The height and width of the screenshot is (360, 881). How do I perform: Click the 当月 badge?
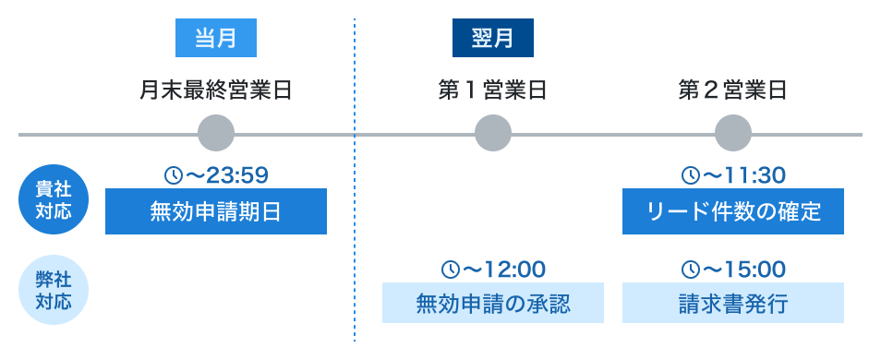215,39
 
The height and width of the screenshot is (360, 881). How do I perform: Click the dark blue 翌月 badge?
492,39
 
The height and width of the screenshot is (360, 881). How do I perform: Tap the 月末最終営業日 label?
216,90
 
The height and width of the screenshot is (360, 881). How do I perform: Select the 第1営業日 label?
492,90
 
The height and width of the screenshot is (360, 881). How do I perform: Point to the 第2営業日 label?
732,90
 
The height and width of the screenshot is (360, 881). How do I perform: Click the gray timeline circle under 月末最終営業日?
216,134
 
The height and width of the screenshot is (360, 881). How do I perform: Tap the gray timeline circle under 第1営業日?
493,134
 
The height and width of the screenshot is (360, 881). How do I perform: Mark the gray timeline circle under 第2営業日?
733,134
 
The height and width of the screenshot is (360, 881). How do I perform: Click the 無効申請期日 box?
216,211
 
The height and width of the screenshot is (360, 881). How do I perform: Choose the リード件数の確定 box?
733,211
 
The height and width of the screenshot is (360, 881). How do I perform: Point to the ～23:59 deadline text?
225,174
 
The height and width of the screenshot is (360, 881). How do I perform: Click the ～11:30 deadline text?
742,174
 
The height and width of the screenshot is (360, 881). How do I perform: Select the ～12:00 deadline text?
502,270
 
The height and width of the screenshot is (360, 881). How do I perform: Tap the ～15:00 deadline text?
742,270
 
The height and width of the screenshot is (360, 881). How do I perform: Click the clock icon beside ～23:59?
172,174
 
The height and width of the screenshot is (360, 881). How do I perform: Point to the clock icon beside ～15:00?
689,270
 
